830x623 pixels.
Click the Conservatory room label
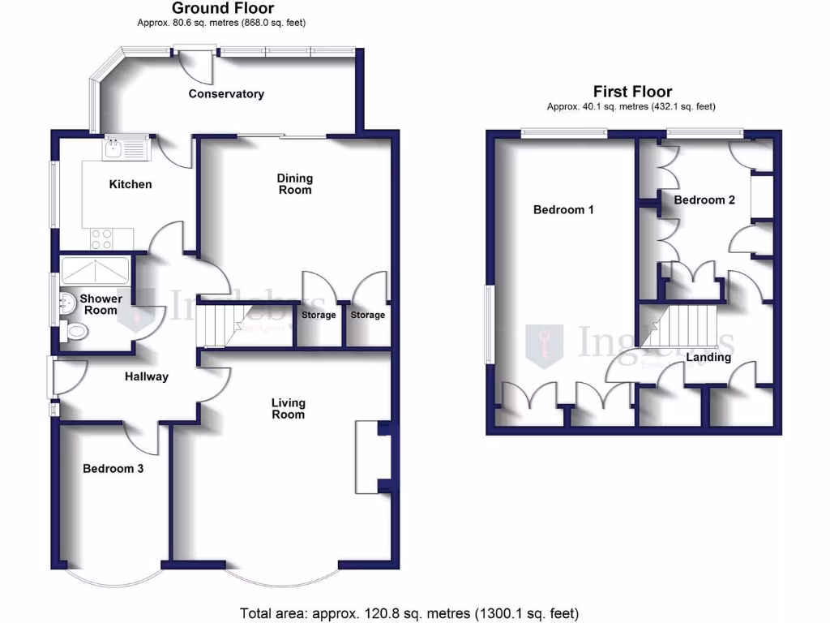(x=226, y=94)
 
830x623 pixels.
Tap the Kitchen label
(x=130, y=184)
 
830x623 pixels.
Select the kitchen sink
(x=123, y=148)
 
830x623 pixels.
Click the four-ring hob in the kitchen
(x=102, y=238)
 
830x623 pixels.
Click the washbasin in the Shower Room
(x=67, y=304)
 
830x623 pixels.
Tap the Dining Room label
(x=295, y=184)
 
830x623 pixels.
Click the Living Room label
(x=288, y=408)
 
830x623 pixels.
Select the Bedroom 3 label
(x=113, y=468)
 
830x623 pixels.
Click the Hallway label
(x=147, y=376)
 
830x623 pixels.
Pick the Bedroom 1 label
(x=563, y=209)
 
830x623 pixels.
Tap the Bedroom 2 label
(x=704, y=200)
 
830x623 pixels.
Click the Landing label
(x=708, y=357)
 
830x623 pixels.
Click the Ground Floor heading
(x=224, y=9)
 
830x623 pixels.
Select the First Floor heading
(x=632, y=92)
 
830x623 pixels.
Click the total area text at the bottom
(x=409, y=613)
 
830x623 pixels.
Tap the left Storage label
(x=319, y=315)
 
